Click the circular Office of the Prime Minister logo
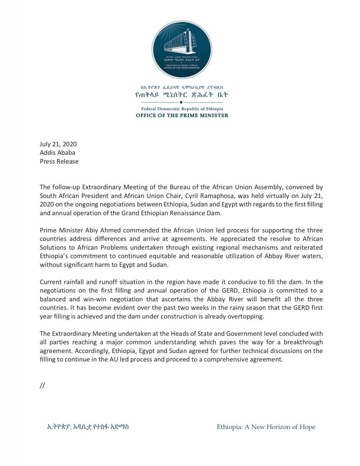tap(182, 50)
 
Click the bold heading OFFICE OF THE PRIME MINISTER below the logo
tap(182, 115)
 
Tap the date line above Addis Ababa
tap(58, 144)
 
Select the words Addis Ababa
tap(57, 153)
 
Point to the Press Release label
tap(59, 161)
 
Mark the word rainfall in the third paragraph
tap(76, 282)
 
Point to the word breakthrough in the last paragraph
tap(303, 342)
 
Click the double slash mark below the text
tap(43, 385)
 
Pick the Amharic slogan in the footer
tap(88, 427)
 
